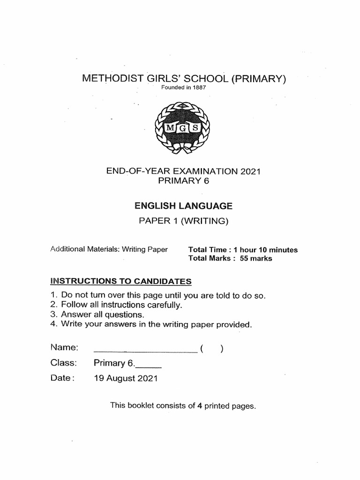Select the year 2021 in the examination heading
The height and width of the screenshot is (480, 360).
[250, 172]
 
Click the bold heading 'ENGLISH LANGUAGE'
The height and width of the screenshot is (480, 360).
[183, 205]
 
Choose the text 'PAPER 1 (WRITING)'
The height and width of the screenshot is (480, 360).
[183, 221]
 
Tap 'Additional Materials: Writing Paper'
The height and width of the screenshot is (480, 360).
[109, 249]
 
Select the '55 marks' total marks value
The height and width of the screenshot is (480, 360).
[256, 258]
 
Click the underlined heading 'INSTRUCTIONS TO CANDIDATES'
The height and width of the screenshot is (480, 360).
[121, 281]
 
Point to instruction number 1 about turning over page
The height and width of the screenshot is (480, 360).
[158, 296]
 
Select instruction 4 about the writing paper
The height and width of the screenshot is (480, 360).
[151, 324]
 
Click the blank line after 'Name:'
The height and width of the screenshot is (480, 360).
[145, 349]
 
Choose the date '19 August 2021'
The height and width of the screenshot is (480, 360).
[126, 378]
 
